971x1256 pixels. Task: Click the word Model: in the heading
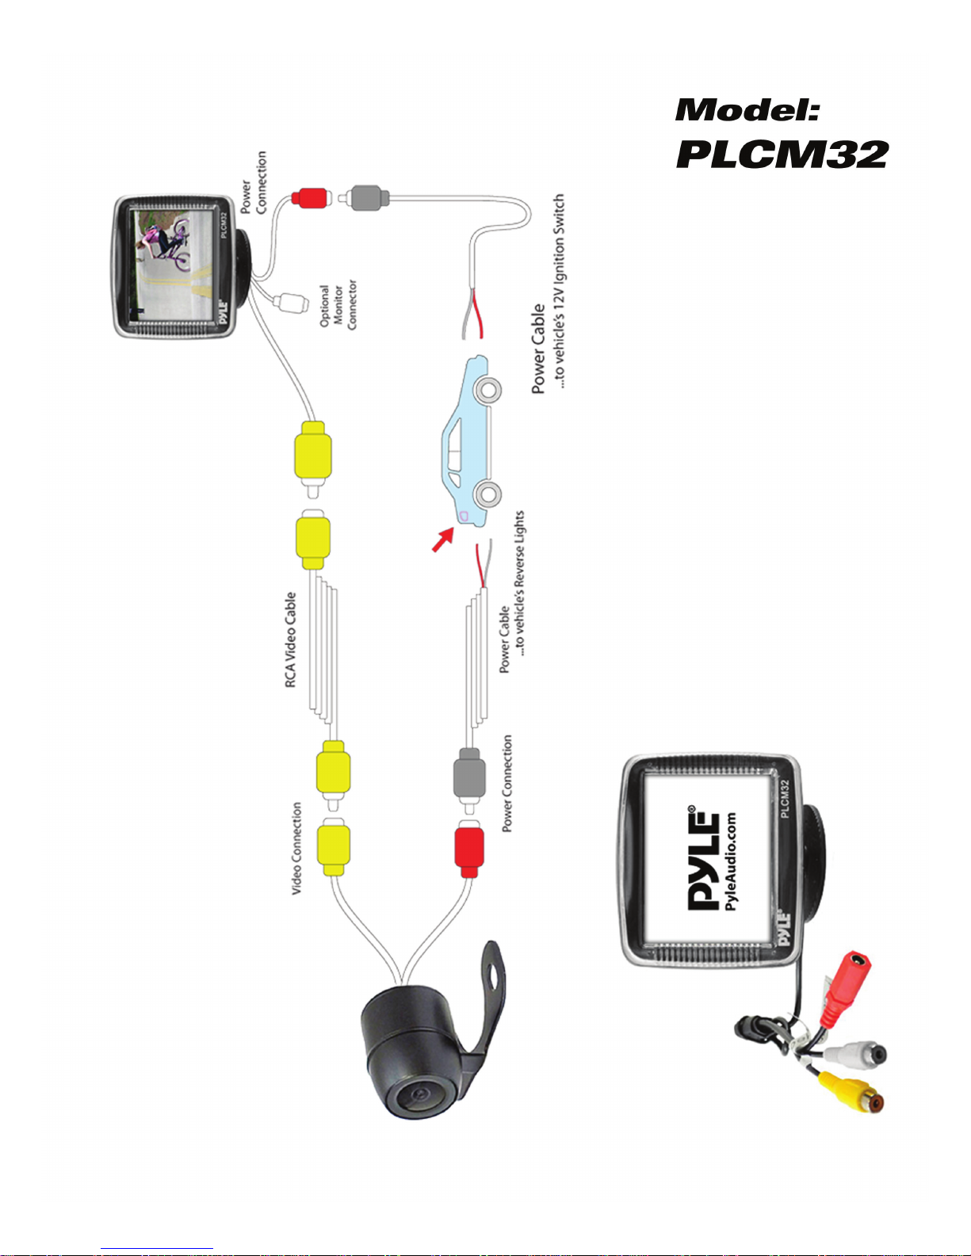[x=747, y=110]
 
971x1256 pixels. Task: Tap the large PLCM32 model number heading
[x=782, y=154]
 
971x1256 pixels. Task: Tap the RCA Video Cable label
[x=290, y=639]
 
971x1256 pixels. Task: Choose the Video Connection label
[x=296, y=848]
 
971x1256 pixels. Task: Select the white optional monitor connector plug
[x=292, y=302]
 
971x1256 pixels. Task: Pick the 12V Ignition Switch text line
[x=559, y=290]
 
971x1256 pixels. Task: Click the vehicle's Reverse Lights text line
[x=520, y=582]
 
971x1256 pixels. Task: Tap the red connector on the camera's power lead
[x=469, y=849]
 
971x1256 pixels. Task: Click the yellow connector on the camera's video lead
[x=334, y=848]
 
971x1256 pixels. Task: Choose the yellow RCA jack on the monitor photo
[x=852, y=1093]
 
